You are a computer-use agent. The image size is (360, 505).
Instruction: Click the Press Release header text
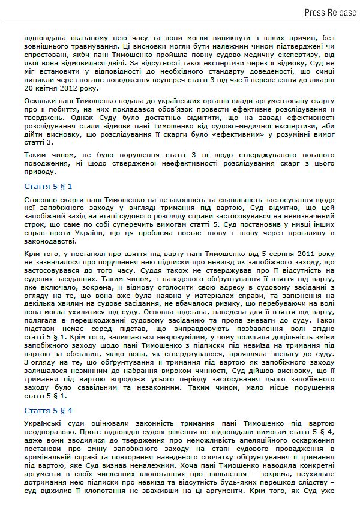coord(330,12)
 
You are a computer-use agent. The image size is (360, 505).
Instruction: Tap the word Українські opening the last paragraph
coord(45,424)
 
